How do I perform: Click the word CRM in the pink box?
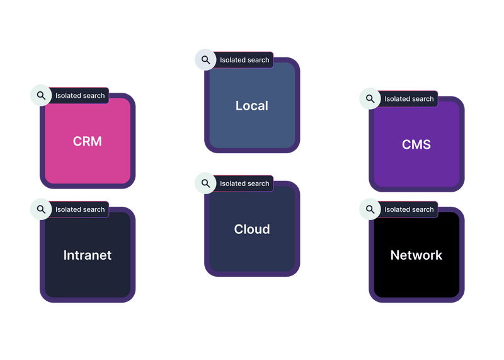point(87,141)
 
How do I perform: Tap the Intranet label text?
point(87,255)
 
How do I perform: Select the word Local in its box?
point(251,106)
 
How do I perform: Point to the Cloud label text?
point(251,229)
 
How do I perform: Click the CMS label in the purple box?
point(416,145)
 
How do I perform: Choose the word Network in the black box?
point(416,255)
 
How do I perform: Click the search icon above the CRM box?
point(41,96)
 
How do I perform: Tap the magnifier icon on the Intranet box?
point(41,209)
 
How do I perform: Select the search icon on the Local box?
point(205,60)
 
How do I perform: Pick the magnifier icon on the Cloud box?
point(205,183)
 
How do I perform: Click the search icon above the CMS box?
point(370,99)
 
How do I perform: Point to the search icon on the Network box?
point(370,209)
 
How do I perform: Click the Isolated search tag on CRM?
point(80,96)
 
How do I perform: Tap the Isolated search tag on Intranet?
point(80,209)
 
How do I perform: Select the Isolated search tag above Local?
point(244,60)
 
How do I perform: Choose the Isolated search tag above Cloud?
point(244,183)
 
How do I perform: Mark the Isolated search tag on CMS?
point(409,99)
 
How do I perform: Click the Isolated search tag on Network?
point(409,209)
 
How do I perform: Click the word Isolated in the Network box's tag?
point(397,209)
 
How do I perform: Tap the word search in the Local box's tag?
point(258,60)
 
